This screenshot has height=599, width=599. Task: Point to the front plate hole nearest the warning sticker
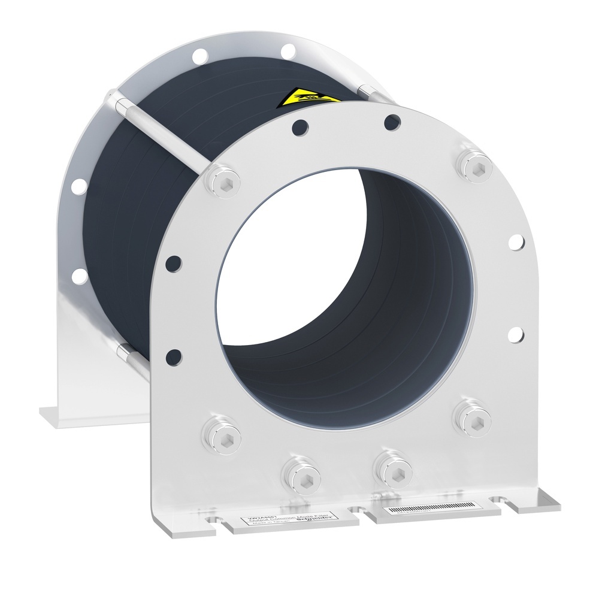299,126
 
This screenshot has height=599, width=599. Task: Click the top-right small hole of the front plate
392,122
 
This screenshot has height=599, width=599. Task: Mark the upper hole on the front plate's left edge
173,262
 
